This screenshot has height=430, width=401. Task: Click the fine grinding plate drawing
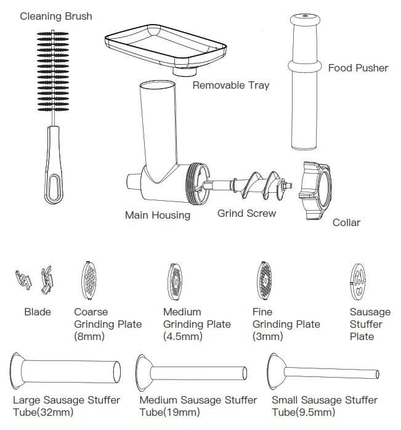click(x=265, y=280)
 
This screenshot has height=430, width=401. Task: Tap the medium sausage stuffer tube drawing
click(x=191, y=373)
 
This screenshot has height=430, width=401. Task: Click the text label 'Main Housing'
click(x=157, y=215)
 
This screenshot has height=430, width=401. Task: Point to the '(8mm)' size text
click(x=89, y=336)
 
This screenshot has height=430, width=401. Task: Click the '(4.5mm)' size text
click(x=182, y=336)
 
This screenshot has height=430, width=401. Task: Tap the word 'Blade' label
click(x=38, y=312)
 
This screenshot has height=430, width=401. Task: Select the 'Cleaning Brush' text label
click(x=56, y=16)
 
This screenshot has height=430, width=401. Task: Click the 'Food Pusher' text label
click(x=358, y=68)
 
